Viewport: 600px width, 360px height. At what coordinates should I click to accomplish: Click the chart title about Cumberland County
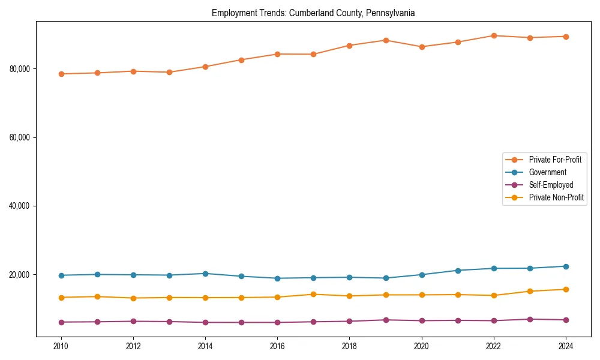click(313, 13)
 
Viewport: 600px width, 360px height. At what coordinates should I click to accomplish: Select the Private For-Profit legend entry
click(554, 160)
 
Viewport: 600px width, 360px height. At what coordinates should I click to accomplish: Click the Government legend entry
click(547, 172)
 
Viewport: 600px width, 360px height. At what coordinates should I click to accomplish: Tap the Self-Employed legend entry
click(551, 185)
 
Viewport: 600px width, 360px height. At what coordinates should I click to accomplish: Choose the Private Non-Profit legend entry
click(556, 197)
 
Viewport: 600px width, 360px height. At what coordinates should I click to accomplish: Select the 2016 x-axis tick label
click(277, 346)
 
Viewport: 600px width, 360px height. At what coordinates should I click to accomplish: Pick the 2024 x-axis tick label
click(566, 346)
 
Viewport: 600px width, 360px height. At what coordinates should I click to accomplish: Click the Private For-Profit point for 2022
click(494, 35)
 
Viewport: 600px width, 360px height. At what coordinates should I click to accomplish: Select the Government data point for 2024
click(566, 266)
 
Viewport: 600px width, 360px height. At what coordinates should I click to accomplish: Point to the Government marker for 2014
click(205, 274)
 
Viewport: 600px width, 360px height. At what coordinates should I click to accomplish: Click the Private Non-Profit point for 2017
click(313, 294)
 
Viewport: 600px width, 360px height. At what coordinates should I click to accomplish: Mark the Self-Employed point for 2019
click(386, 320)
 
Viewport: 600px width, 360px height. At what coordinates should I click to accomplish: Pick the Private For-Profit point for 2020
click(422, 47)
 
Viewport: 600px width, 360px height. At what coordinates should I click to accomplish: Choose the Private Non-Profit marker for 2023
click(530, 292)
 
